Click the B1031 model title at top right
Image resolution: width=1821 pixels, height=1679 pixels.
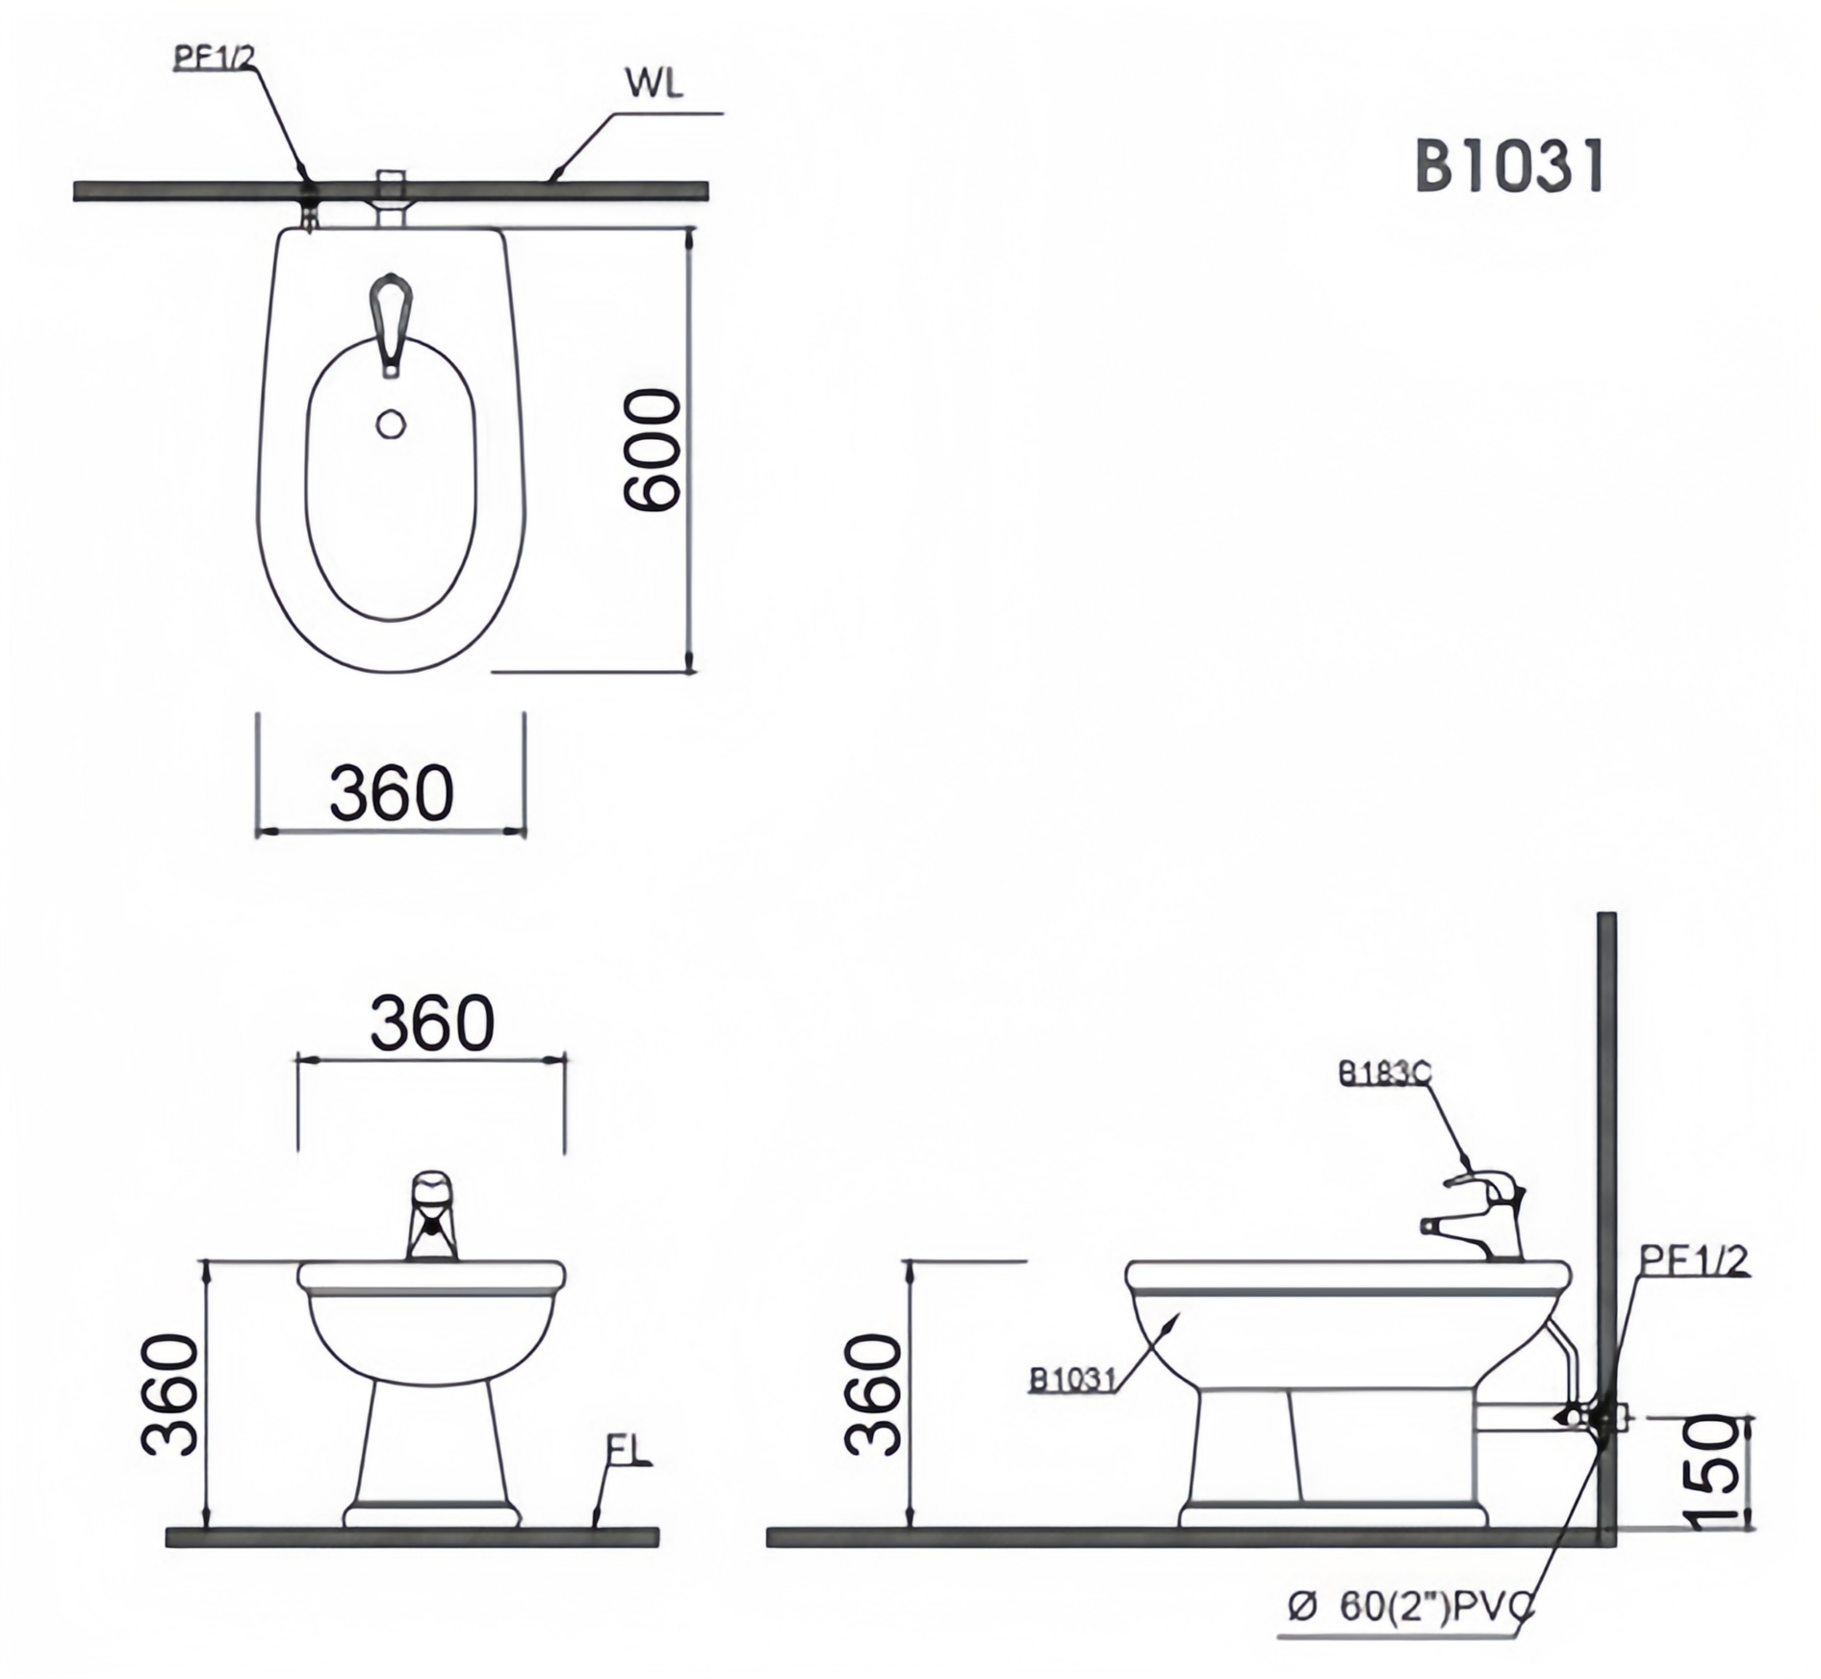[1508, 168]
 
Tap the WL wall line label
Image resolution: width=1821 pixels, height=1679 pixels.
[654, 84]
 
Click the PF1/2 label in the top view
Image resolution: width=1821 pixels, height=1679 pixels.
[215, 57]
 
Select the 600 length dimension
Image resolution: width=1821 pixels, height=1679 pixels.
[652, 449]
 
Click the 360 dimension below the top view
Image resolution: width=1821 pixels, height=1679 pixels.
[391, 792]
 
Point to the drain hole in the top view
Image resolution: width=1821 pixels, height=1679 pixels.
[391, 424]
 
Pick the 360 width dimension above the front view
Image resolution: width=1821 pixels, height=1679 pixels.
[432, 1022]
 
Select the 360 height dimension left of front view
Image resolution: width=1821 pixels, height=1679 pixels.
[170, 1394]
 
